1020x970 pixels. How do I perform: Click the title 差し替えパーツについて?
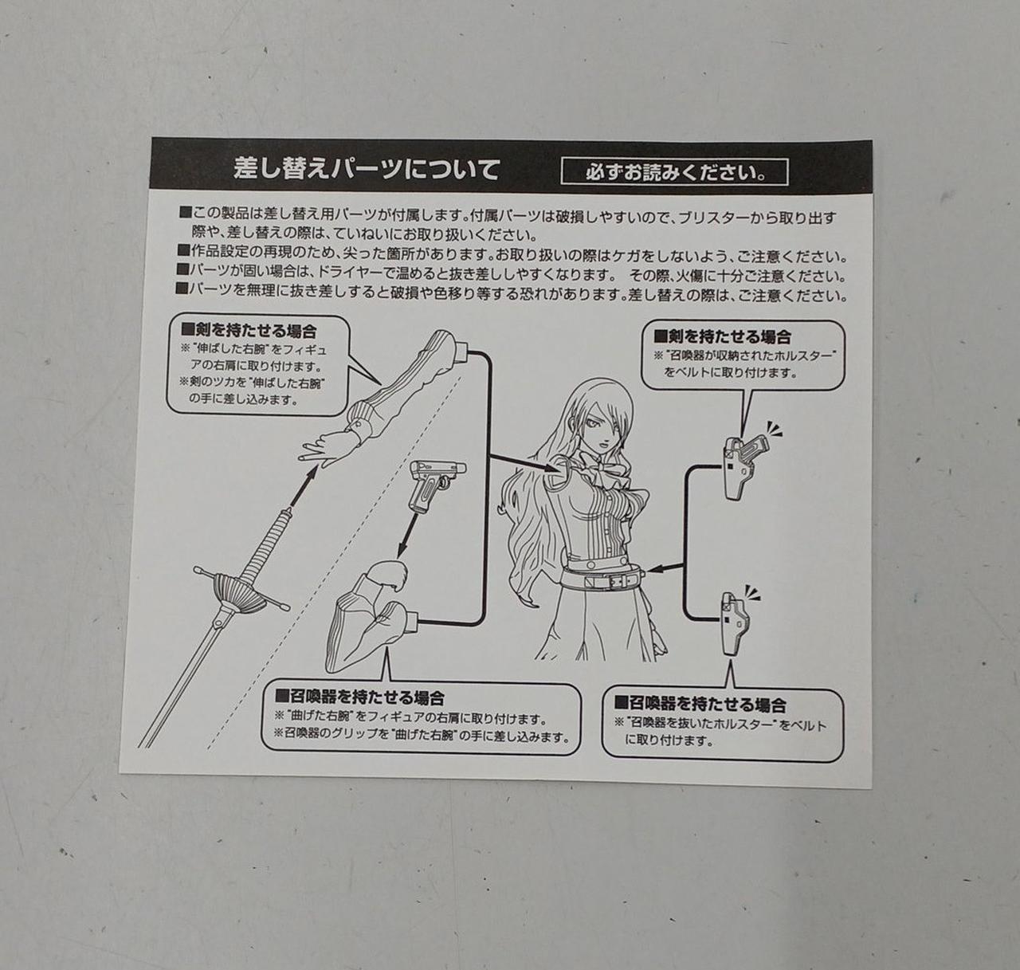367,169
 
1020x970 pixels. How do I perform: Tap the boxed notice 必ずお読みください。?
674,172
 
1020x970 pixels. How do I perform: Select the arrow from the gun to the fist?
408,535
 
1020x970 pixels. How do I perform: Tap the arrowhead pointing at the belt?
656,569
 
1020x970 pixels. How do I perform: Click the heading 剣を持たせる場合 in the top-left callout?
249,331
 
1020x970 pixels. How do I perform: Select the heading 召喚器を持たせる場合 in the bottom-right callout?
700,705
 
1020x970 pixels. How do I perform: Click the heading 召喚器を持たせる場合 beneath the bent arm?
359,697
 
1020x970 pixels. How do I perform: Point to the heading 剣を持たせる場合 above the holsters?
722,337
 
